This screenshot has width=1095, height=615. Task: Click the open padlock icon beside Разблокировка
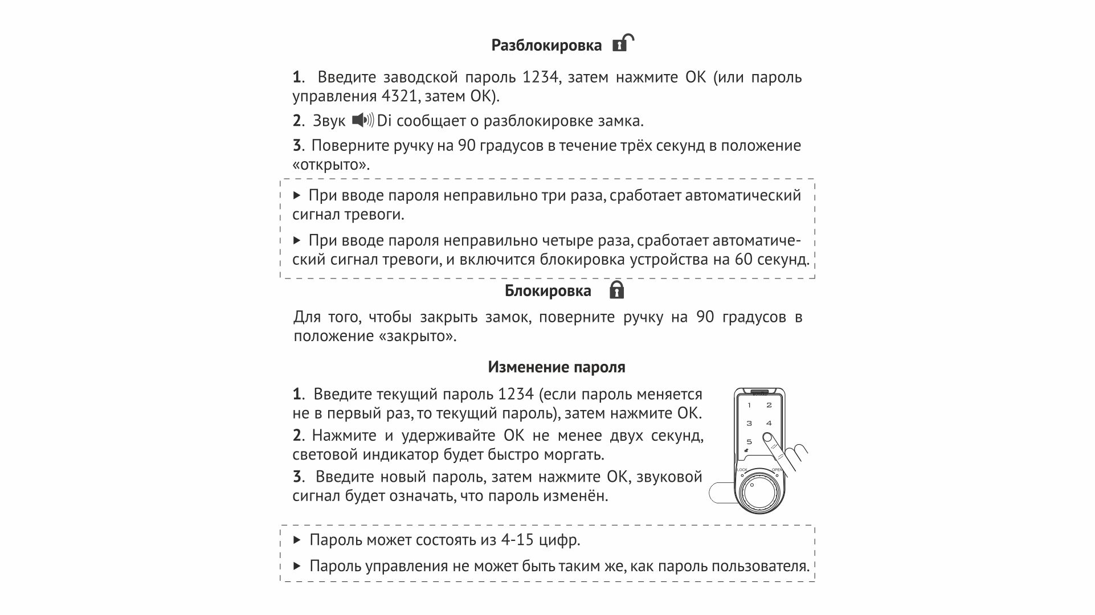(623, 43)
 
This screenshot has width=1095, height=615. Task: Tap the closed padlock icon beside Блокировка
(616, 290)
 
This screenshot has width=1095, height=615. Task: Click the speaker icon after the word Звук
(362, 120)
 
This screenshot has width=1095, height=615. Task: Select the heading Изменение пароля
(556, 367)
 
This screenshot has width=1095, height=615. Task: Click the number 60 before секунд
(743, 260)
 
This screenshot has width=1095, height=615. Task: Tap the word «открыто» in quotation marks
(330, 165)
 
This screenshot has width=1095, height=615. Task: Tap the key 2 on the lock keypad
(769, 405)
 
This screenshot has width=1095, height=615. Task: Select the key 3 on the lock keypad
(749, 423)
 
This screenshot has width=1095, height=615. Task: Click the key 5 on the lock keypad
(749, 441)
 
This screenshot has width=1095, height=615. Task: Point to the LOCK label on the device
(742, 470)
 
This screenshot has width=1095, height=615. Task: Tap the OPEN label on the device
(777, 470)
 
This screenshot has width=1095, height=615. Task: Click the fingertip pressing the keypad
(768, 438)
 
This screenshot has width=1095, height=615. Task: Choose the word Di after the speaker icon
(384, 121)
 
